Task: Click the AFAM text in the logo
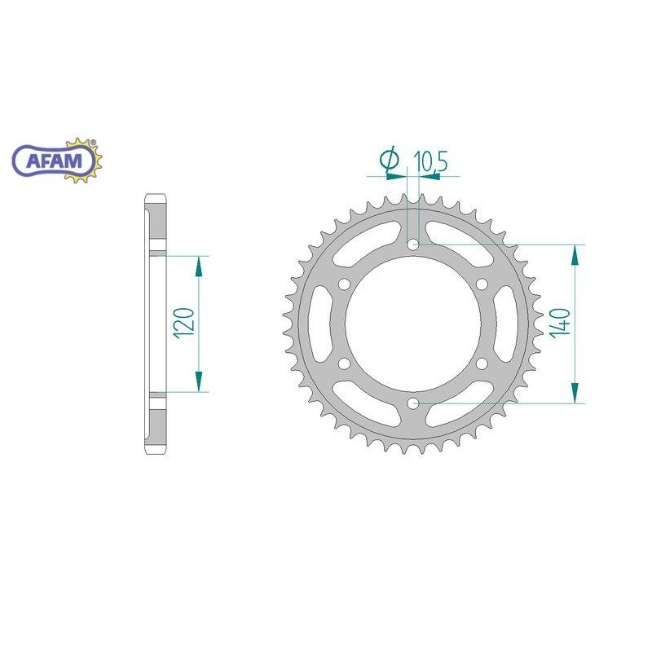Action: point(54,161)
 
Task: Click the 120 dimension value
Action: point(185,324)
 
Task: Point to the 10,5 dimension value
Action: point(430,161)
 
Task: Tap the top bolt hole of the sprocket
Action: point(413,244)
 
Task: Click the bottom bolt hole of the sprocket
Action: point(413,403)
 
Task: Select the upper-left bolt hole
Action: point(344,284)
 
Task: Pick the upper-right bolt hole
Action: point(482,284)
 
